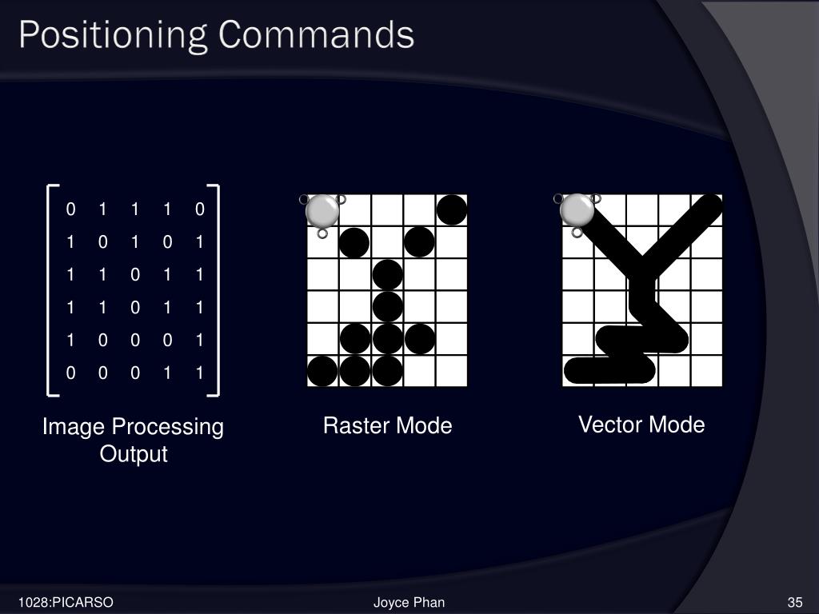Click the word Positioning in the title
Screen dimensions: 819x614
pos(113,35)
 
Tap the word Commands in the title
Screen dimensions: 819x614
pos(316,35)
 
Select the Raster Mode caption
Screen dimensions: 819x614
pos(387,426)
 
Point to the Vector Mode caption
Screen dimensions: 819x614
pos(641,425)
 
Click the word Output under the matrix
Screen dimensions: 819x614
pos(134,454)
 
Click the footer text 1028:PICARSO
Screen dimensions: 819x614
pos(67,602)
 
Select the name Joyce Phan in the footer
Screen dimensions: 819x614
pos(409,602)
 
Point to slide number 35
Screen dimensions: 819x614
pos(794,602)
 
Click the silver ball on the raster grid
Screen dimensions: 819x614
pos(322,210)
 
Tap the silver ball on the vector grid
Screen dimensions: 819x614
pos(577,210)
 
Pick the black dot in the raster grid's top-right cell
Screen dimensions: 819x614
pos(452,209)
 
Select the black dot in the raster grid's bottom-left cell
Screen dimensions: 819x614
pos(322,371)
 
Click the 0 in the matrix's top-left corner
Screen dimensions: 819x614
pos(70,209)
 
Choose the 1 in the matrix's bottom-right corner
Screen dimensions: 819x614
pos(199,373)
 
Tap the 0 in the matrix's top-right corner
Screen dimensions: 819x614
pos(199,209)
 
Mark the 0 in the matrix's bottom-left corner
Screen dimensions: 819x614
pos(70,373)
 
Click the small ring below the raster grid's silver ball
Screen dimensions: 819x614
pos(322,233)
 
